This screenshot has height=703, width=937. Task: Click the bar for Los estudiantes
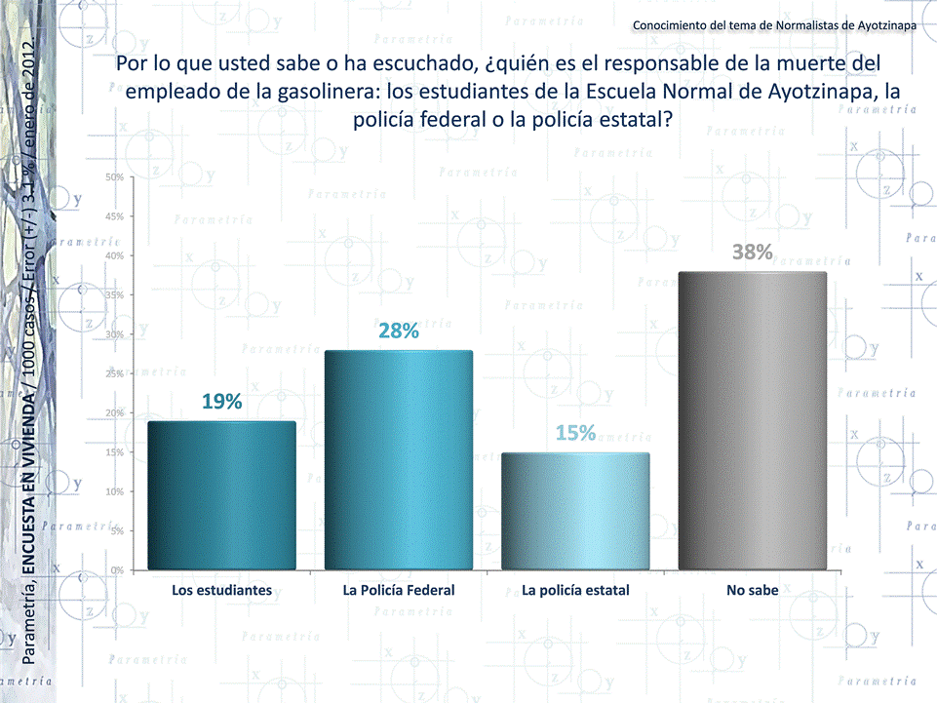[x=221, y=495]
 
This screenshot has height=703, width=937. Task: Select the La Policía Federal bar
[x=398, y=460]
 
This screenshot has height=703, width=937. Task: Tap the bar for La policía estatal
[x=575, y=512]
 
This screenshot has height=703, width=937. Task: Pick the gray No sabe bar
[x=752, y=421]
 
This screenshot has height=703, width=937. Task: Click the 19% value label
[x=222, y=402]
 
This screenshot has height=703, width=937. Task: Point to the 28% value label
[x=399, y=332]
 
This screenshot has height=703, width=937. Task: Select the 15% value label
[x=575, y=434]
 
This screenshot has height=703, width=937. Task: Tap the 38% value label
[x=753, y=253]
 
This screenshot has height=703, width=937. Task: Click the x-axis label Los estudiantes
[x=221, y=590]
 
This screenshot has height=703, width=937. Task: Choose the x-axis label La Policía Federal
[x=399, y=590]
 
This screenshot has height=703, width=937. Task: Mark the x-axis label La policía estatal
[x=575, y=590]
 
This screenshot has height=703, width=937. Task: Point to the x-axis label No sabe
[x=752, y=590]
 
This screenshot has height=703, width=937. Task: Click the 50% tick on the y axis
[x=114, y=177]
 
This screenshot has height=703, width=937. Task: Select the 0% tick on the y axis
[x=116, y=570]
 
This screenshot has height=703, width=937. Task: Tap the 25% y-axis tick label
[x=114, y=373]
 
